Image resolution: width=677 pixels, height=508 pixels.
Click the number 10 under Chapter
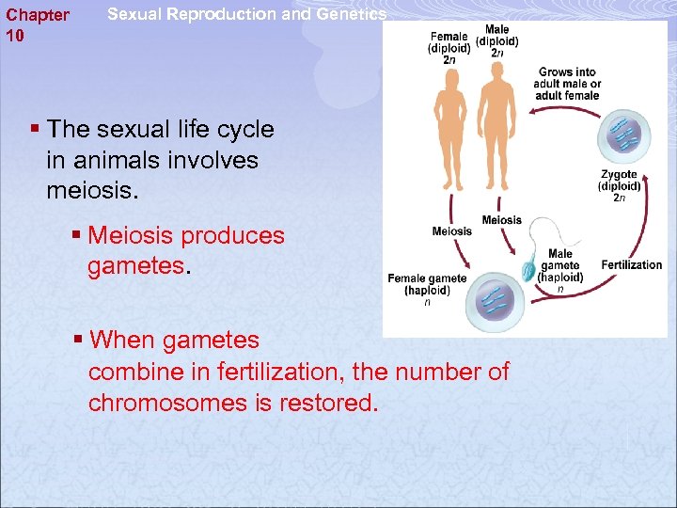(15, 36)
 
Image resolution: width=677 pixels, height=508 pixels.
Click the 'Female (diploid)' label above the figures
(449, 42)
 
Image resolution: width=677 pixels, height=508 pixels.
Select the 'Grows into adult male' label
(567, 84)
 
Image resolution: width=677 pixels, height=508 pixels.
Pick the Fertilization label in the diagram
(631, 264)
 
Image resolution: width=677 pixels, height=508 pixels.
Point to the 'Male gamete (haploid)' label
(560, 265)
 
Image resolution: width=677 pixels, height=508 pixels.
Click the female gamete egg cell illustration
(493, 300)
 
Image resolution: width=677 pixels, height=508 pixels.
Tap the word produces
(237, 235)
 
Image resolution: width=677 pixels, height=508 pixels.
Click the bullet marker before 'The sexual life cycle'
(35, 129)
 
